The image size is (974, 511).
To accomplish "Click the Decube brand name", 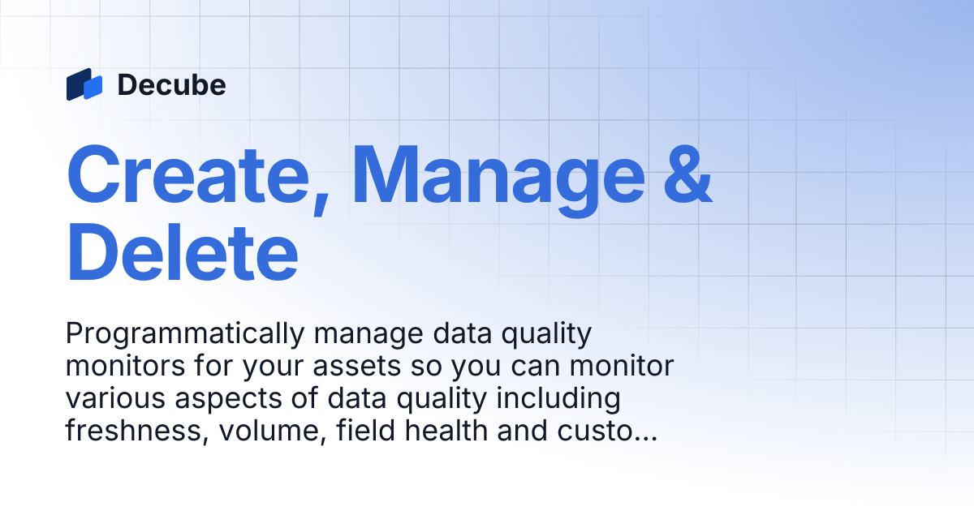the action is [172, 84].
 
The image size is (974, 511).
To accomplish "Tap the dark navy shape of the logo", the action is [77, 84].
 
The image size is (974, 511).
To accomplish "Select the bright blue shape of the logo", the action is [93, 88].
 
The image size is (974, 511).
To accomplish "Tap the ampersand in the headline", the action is [688, 174].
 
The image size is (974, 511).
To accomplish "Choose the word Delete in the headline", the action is [183, 252].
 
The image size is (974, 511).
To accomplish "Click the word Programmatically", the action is [185, 334].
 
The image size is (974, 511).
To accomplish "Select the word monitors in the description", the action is [125, 367].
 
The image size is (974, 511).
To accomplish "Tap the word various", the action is [115, 398].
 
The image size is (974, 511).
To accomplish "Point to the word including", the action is [558, 399].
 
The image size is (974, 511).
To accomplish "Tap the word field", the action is [365, 430].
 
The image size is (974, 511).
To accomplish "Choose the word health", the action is [446, 430].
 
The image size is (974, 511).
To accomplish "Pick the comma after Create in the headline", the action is [321, 205].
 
